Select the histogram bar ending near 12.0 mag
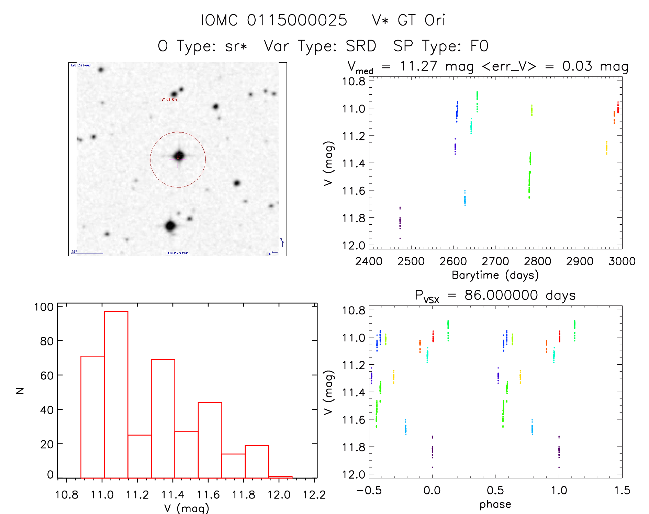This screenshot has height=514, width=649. point(257,461)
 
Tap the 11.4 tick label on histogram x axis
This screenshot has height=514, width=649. point(172,495)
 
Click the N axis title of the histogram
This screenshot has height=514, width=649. point(20,390)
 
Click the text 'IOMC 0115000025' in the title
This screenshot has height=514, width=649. point(274,20)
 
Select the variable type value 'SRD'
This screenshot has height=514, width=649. point(361,46)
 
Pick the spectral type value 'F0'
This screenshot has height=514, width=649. point(479,46)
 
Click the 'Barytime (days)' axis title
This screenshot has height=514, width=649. point(495,275)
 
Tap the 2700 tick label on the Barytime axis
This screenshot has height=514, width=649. point(495,261)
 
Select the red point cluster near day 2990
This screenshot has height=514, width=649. point(618,107)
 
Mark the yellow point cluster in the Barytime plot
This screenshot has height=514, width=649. point(606,148)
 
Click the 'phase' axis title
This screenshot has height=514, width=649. point(495,504)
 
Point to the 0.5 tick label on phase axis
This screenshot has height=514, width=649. point(495,491)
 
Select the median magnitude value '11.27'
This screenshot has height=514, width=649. point(418,66)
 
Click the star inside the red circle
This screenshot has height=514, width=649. point(179,155)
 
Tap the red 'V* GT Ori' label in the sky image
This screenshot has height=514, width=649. point(169,100)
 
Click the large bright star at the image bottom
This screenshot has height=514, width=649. point(170,226)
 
